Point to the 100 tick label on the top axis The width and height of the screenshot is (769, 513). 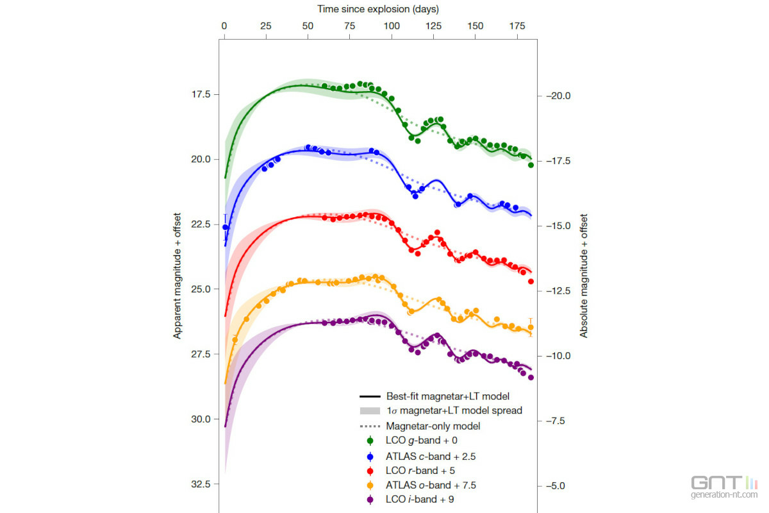[x=392, y=26]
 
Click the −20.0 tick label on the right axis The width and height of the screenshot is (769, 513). [x=561, y=96]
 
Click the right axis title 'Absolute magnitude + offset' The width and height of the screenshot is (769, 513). [x=584, y=276]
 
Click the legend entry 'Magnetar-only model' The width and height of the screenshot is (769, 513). [x=433, y=426]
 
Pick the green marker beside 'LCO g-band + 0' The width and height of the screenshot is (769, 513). [x=370, y=441]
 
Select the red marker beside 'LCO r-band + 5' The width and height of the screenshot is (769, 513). [x=370, y=470]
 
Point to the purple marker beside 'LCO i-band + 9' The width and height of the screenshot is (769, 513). [x=370, y=500]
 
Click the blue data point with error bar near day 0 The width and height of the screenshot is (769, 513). [x=225, y=227]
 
